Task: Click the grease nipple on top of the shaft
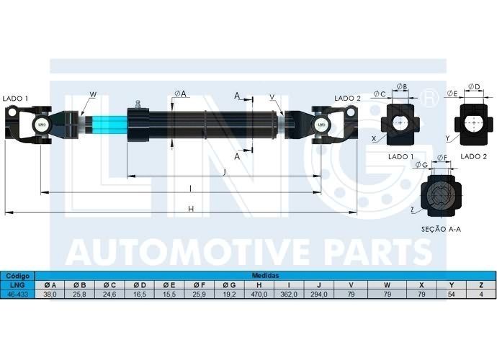(138, 104)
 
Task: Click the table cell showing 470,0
(259, 294)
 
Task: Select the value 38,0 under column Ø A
(50, 294)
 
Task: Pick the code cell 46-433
(17, 294)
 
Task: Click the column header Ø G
(229, 285)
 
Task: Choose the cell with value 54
(452, 294)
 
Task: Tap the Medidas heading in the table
(265, 275)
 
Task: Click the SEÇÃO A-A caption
(441, 229)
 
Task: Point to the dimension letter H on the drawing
(190, 209)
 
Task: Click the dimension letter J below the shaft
(225, 172)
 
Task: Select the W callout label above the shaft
(93, 94)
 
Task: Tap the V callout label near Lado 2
(272, 97)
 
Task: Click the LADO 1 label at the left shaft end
(15, 99)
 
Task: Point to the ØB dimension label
(402, 86)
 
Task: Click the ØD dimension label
(475, 86)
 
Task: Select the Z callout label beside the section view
(412, 210)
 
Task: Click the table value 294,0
(319, 294)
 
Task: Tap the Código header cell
(17, 276)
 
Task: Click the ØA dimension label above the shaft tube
(180, 93)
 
